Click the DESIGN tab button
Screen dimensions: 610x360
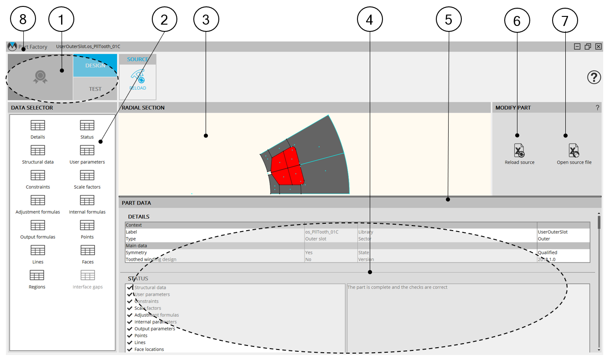pos(95,65)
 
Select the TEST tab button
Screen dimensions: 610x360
pos(95,89)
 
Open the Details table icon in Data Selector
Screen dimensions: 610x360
pos(37,125)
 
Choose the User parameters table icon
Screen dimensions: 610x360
pos(87,150)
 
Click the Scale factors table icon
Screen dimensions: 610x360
pos(87,175)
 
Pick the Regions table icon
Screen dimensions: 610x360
pos(37,275)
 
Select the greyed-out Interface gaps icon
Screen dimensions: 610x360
pos(88,275)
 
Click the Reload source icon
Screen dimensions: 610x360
pos(519,150)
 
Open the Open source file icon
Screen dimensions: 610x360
pos(574,150)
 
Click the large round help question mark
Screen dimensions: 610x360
pos(594,77)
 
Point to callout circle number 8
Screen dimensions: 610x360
pos(23,19)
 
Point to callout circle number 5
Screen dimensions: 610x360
pos(449,19)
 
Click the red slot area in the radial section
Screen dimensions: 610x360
pos(288,166)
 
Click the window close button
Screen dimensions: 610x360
pos(598,46)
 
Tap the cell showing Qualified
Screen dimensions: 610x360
pos(547,252)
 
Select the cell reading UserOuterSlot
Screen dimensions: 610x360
pos(553,232)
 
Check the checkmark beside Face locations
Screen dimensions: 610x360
pos(129,349)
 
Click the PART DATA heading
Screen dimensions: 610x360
pos(136,203)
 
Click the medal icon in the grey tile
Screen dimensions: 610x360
pos(40,77)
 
